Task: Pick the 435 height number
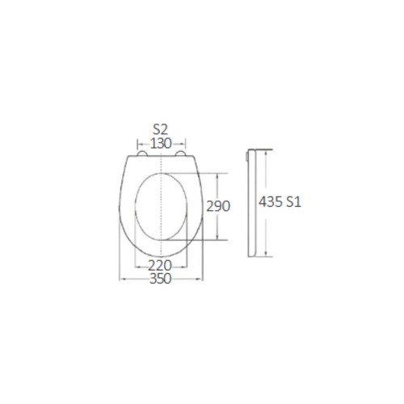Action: click(x=269, y=204)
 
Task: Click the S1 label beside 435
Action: click(x=292, y=204)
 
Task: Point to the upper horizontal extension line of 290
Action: click(x=202, y=171)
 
